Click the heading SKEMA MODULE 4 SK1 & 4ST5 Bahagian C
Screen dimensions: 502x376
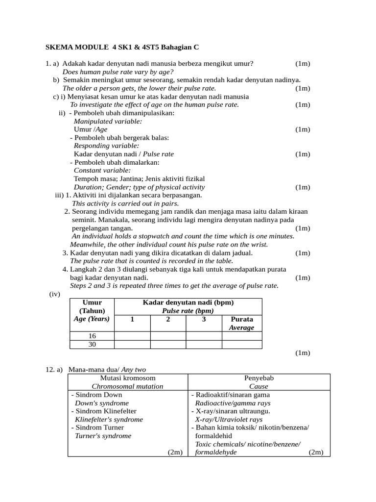coord(122,48)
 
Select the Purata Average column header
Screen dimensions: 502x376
coord(242,323)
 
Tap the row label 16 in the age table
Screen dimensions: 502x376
coord(92,336)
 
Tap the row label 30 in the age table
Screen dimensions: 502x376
coord(92,344)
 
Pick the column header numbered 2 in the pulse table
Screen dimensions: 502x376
coord(168,319)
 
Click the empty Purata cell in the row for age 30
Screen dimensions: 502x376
coord(242,344)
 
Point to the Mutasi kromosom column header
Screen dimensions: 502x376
coord(128,378)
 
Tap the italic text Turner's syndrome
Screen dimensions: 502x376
coord(103,435)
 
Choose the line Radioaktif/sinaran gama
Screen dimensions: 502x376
coord(232,395)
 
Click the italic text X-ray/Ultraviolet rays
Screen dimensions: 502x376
coord(229,419)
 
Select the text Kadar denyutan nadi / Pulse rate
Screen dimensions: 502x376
coord(123,154)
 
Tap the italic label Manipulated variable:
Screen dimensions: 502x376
coord(108,121)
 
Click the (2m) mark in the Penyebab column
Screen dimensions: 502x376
coord(316,452)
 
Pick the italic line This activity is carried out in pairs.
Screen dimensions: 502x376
coord(125,203)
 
